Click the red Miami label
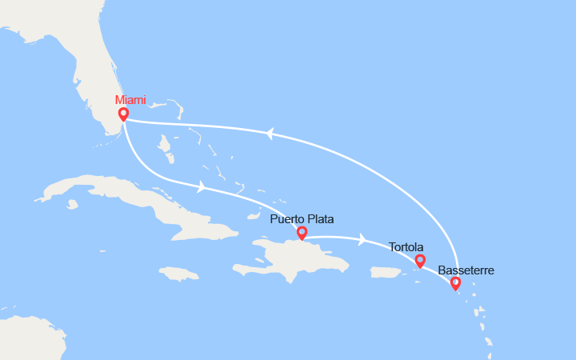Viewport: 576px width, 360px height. click(131, 100)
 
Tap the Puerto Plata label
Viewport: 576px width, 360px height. click(302, 218)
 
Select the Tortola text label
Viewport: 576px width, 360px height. click(406, 247)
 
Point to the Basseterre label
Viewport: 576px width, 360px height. click(466, 270)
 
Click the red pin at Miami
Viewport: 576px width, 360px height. click(123, 114)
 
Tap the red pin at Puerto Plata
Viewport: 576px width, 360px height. click(302, 233)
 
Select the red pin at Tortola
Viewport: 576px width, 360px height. click(420, 260)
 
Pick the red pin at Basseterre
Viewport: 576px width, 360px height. click(455, 282)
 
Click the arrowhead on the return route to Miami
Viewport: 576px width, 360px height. click(270, 134)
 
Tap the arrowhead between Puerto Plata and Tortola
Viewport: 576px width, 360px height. click(362, 238)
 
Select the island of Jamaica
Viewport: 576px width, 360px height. click(180, 274)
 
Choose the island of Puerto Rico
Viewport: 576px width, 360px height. click(385, 273)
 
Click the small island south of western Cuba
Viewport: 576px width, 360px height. click(73, 204)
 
